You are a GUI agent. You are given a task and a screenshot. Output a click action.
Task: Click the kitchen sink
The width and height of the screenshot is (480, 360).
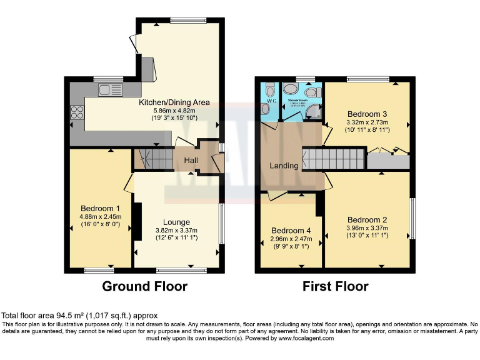pos(107,90)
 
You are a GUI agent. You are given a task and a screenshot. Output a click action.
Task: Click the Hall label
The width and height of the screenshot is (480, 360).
pos(191,161)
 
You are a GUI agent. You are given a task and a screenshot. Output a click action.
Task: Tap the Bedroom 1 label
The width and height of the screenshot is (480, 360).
pos(100,208)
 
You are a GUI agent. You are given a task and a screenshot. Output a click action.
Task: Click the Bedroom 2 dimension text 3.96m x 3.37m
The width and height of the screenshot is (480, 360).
pos(367,228)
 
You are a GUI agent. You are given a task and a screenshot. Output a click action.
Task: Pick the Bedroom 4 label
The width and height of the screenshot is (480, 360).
pos(291,230)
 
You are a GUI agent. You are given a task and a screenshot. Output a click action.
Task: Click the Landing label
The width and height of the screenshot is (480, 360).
pos(283,166)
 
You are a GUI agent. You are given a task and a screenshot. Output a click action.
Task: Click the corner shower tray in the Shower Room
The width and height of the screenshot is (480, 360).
pos(315,112)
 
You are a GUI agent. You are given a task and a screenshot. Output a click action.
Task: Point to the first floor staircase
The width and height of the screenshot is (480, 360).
pos(334,158)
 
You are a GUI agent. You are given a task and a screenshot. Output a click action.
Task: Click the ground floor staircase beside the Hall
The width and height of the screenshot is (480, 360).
pos(152,159)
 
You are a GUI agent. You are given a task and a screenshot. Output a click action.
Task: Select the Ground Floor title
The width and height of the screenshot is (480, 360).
pos(144,287)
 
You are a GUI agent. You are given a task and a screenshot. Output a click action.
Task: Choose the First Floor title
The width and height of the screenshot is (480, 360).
pos(335,287)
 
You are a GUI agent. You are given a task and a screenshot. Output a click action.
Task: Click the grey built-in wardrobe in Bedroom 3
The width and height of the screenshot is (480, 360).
pos(387,161)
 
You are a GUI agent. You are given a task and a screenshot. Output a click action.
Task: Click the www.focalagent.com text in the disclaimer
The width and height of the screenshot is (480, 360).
pos(302,338)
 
